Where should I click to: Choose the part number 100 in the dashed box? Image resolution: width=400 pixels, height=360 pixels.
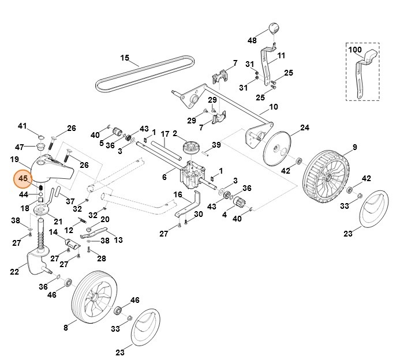[355, 51]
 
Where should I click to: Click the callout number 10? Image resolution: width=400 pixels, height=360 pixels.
[273, 107]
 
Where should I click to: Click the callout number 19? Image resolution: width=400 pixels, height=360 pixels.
[15, 159]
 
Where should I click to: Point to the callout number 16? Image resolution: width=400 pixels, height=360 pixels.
[177, 194]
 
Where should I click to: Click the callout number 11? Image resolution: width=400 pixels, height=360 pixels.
[282, 55]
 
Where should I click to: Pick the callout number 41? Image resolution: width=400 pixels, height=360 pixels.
[23, 126]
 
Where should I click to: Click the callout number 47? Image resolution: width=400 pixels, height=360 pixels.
[20, 147]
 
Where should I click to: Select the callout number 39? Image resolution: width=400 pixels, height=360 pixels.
[216, 144]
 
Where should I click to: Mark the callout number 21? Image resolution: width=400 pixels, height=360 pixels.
[58, 222]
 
